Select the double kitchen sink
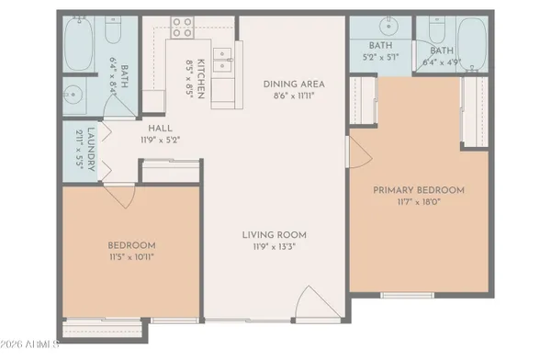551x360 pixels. click(221, 61)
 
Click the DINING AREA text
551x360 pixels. click(293, 84)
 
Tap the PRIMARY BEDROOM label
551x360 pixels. click(418, 190)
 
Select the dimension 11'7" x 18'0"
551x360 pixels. click(418, 202)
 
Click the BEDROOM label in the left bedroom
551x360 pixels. click(131, 245)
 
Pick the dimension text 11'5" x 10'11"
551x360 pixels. click(131, 257)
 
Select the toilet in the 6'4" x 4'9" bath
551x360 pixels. click(431, 29)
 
